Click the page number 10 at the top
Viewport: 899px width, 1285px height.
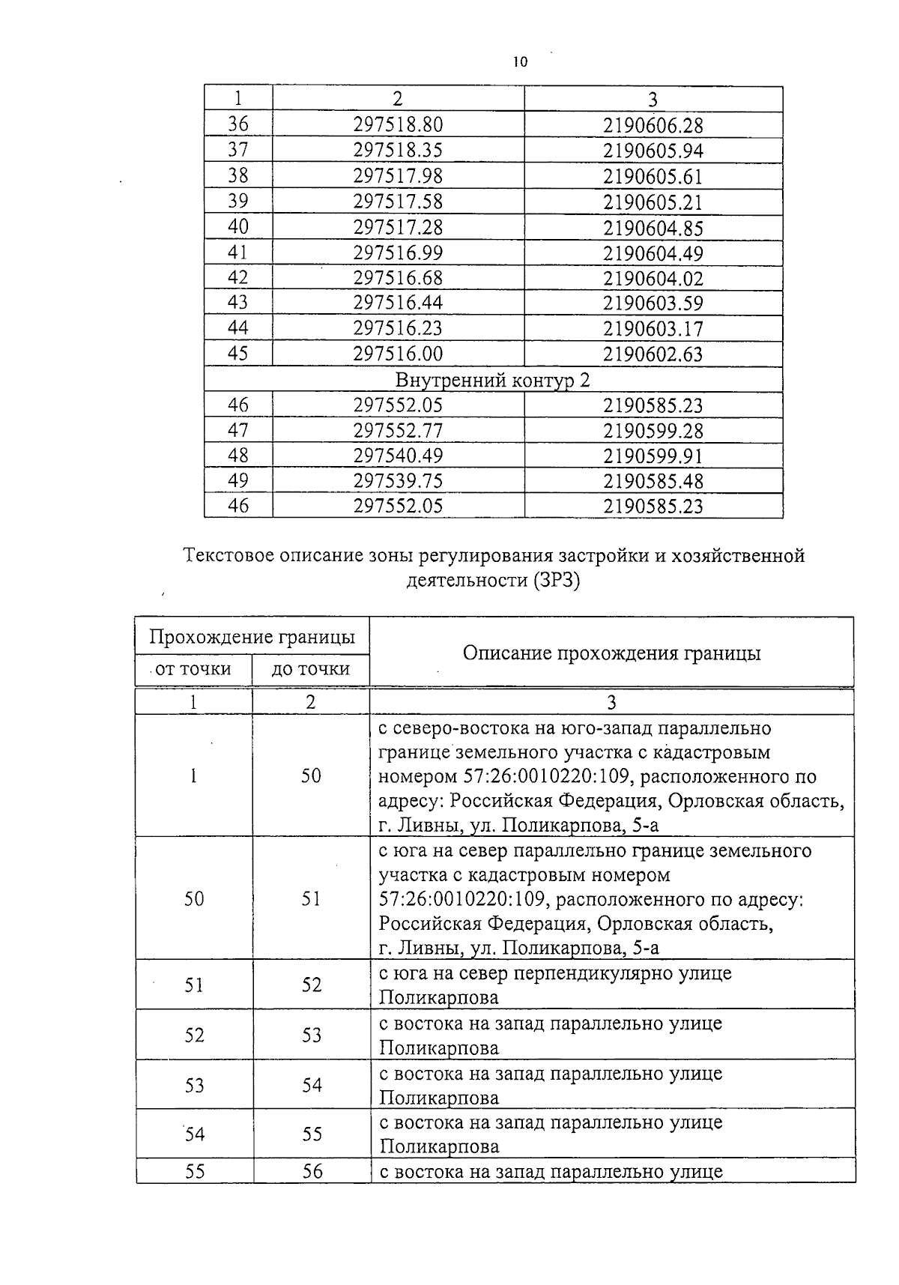pos(521,63)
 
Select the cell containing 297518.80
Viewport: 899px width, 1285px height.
pos(398,124)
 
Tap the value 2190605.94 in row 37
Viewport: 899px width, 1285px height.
pos(653,151)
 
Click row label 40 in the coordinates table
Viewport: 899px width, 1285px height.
pos(238,226)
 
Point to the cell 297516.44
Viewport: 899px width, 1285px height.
pos(398,303)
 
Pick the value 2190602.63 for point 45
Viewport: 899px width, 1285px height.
pos(653,354)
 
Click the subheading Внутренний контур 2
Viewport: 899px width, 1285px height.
pos(493,380)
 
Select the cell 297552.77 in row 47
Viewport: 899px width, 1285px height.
pos(398,431)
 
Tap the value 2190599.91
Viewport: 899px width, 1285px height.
pos(653,456)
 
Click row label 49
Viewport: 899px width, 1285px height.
pos(238,480)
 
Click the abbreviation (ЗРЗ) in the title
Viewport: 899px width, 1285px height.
pos(557,581)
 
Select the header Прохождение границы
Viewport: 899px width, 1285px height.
pos(252,637)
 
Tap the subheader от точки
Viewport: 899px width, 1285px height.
pos(193,668)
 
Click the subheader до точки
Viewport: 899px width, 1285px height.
pos(310,668)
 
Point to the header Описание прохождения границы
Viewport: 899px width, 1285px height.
pos(611,653)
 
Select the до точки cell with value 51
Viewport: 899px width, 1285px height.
pos(311,898)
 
